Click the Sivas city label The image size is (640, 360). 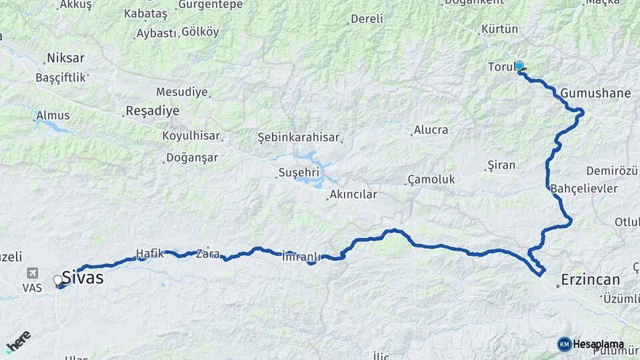coord(83,277)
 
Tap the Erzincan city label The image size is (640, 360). coord(591,279)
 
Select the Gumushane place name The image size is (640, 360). coord(595,93)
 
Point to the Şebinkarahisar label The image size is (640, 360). coord(297,137)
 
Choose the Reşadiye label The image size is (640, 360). coord(152,111)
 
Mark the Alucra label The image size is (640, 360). coord(431,130)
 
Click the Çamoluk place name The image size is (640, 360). coord(431,179)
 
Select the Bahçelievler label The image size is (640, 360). coord(584,189)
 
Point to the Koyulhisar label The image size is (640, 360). coord(191,136)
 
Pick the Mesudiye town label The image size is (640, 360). coord(181,92)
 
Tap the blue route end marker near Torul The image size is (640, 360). coord(519,65)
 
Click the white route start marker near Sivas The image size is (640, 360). coord(57,280)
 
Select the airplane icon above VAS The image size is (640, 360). coord(32,273)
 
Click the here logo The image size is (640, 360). coord(18,341)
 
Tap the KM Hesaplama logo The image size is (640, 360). coord(591,344)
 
